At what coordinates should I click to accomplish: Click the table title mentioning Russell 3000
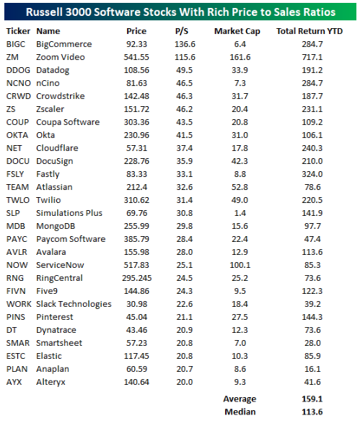(180, 12)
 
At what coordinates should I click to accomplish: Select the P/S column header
(181, 31)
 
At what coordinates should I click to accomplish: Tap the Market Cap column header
(235, 31)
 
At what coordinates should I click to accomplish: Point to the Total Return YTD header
(312, 31)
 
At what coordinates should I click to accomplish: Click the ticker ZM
(12, 56)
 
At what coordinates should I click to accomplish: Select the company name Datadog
(55, 69)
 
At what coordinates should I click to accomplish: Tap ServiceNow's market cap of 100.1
(235, 264)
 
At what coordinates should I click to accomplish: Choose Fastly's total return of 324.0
(312, 173)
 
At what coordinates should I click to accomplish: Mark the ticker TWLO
(17, 199)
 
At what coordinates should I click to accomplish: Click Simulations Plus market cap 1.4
(235, 212)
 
